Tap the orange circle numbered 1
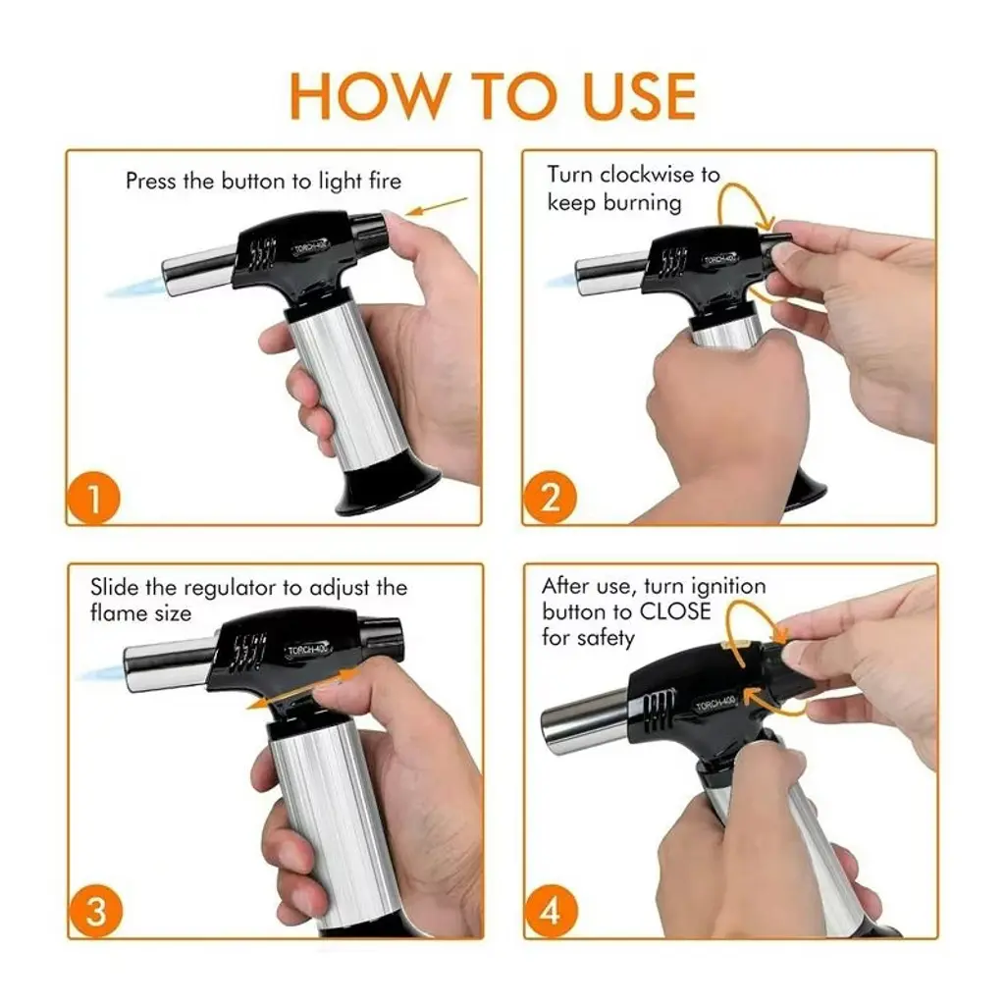click(93, 498)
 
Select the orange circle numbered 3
click(95, 911)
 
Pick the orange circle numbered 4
click(551, 911)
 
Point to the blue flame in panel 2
click(562, 281)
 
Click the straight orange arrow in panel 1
click(438, 206)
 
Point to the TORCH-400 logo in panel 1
click(310, 246)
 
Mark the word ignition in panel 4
click(725, 587)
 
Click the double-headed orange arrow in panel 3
click(300, 689)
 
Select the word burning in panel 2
click(642, 203)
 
